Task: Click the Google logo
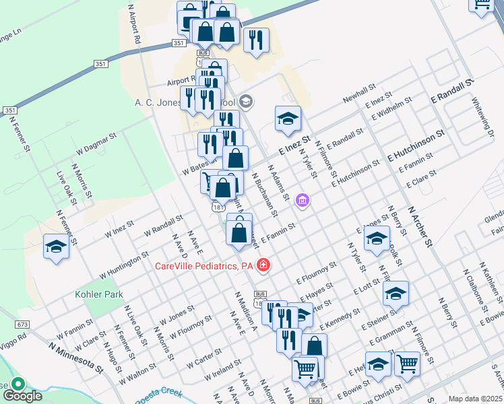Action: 24,395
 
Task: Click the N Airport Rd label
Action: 133,24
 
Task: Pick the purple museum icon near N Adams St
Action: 303,201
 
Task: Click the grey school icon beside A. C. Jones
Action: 245,102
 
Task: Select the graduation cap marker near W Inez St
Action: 56,247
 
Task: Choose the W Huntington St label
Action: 124,265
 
